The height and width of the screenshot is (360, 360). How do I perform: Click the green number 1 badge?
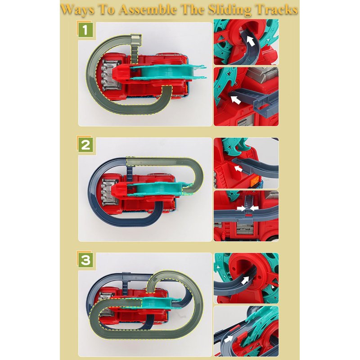(85, 30)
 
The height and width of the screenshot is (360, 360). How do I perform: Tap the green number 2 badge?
(85, 145)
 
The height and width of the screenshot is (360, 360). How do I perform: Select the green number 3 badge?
(85, 261)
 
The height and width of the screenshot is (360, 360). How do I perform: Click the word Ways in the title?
(77, 9)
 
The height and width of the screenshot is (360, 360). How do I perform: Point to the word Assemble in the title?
(148, 9)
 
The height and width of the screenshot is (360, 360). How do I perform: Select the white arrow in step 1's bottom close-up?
(235, 100)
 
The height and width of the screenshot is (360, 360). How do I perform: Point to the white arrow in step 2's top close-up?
(238, 169)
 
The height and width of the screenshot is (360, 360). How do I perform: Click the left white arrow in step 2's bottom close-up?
(241, 208)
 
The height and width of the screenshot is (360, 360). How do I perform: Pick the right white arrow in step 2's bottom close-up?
(254, 208)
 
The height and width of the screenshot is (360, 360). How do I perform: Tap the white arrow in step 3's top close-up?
(245, 280)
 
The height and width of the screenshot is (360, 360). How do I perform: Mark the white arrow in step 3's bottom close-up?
(229, 339)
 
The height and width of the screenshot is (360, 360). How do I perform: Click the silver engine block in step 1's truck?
(108, 75)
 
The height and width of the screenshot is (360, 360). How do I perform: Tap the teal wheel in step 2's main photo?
(158, 189)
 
